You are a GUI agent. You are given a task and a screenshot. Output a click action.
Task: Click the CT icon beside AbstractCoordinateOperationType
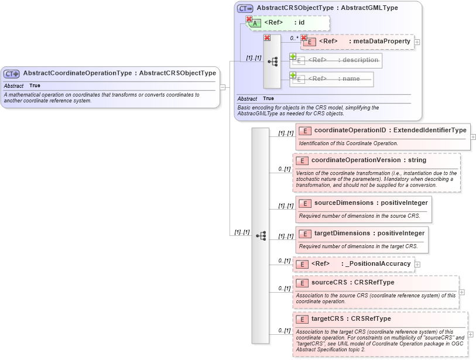[12, 74]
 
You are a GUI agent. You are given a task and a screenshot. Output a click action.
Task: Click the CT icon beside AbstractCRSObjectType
[245, 8]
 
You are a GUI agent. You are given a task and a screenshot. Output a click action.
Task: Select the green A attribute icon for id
[256, 23]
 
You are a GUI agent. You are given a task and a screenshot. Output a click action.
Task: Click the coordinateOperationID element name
[351, 130]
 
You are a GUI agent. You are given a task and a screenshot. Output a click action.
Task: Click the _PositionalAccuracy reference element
[378, 264]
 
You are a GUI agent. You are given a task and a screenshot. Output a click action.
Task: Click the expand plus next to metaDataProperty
[417, 42]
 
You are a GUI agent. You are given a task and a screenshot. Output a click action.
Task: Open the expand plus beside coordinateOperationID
[473, 137]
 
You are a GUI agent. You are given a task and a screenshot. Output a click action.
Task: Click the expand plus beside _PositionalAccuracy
[417, 265]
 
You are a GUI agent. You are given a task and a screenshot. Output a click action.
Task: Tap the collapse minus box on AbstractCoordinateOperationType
[222, 87]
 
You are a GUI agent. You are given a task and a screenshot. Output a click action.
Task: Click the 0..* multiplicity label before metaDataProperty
[294, 38]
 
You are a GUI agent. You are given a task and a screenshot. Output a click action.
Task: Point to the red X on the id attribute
[249, 19]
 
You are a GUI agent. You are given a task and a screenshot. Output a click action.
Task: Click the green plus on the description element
[293, 56]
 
